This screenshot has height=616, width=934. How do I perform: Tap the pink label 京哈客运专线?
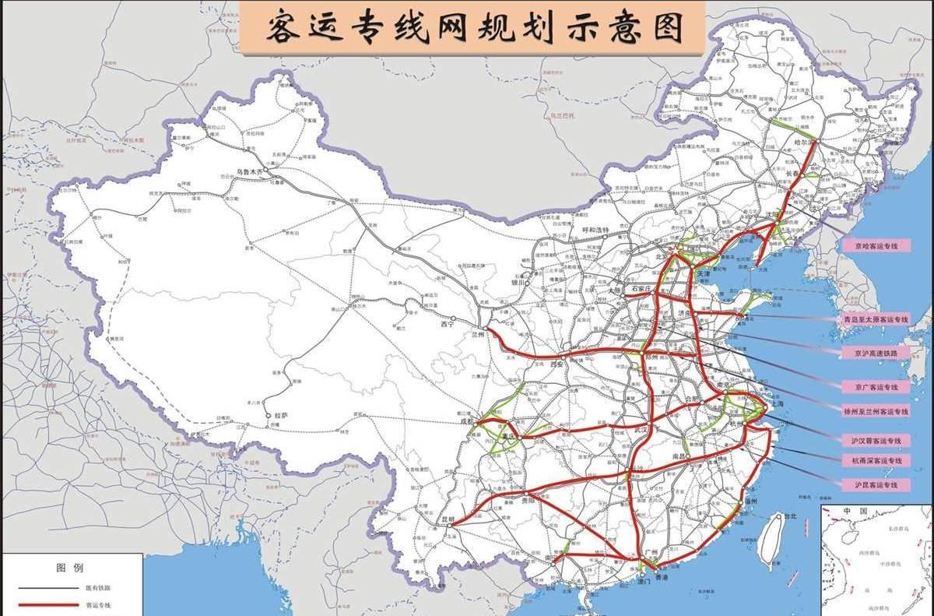(x=876, y=245)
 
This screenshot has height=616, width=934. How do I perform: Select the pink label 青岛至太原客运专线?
(x=876, y=319)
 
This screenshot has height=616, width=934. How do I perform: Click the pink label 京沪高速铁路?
(x=876, y=353)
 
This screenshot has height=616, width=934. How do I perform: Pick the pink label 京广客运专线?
(x=876, y=387)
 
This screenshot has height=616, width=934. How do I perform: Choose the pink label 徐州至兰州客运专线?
(x=876, y=411)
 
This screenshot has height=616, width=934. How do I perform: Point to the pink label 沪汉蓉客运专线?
(x=876, y=441)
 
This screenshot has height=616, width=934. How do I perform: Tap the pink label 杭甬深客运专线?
(x=876, y=461)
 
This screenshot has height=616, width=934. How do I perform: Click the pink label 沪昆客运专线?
(x=876, y=484)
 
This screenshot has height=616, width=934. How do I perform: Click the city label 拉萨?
(x=281, y=416)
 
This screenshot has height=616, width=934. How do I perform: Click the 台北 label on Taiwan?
(x=789, y=516)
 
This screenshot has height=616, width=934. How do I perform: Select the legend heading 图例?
(x=69, y=568)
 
